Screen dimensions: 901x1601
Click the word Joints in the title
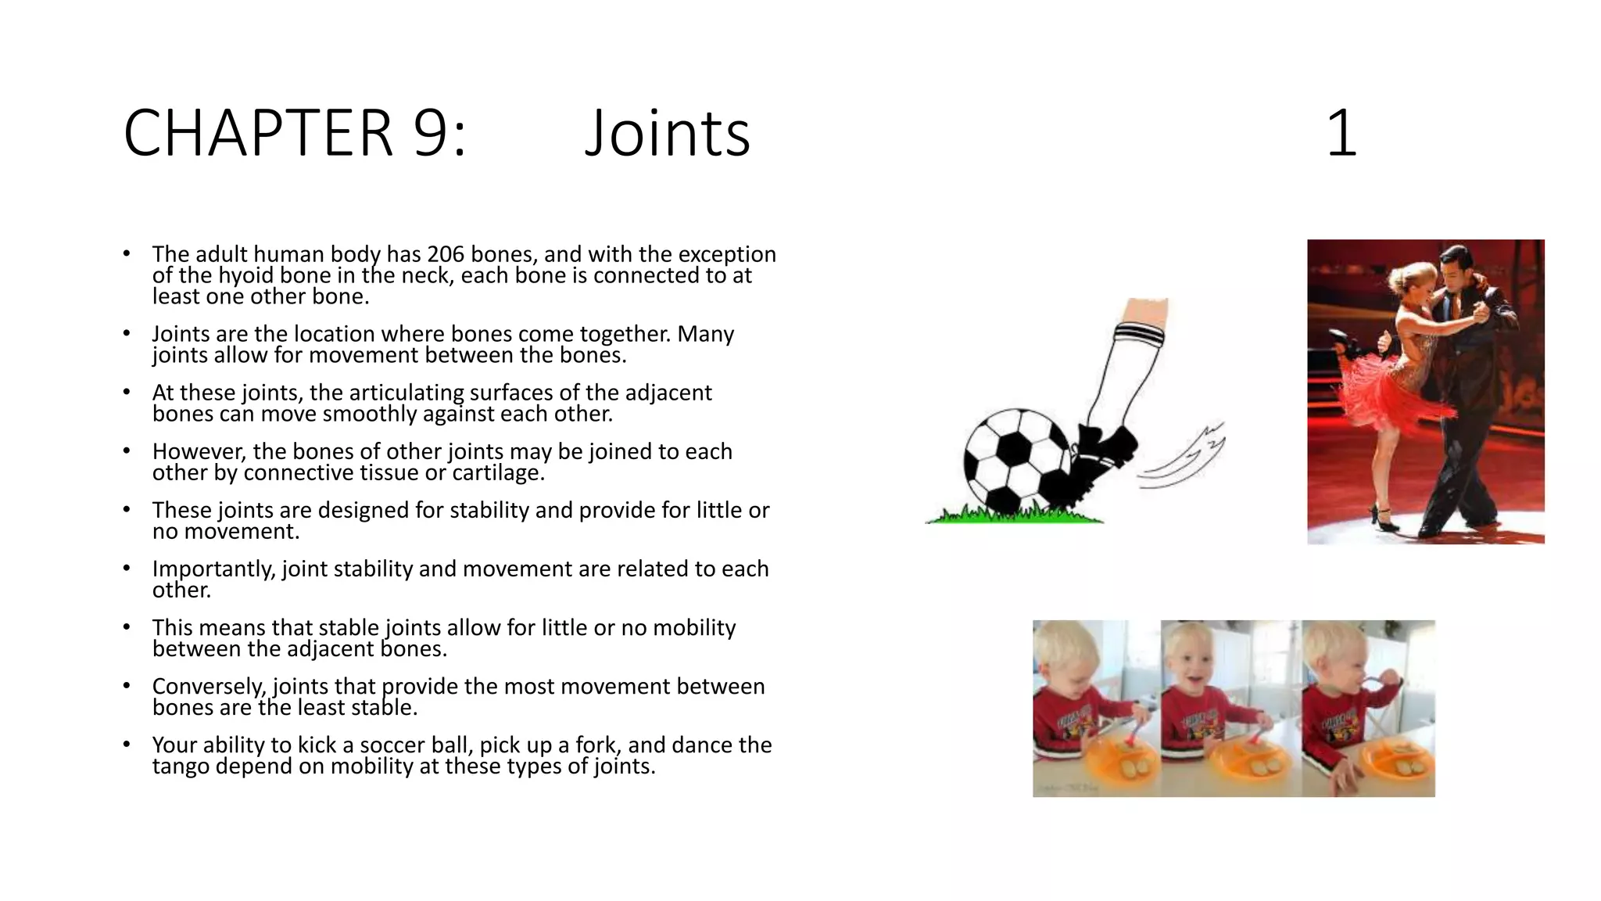point(667,133)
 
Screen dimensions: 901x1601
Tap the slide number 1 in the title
point(1341,134)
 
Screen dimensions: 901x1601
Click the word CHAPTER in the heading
point(257,133)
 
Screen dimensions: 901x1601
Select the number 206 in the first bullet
point(446,254)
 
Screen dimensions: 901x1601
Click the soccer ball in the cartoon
point(1014,461)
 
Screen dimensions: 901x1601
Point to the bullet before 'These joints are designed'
point(127,510)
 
